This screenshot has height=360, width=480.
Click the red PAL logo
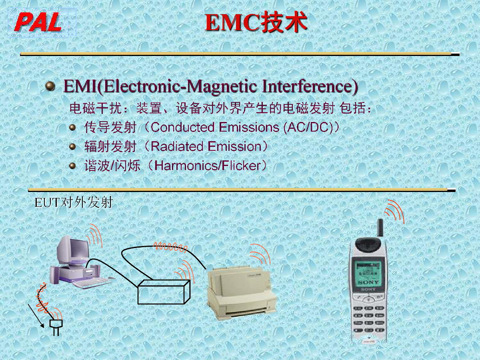(38, 22)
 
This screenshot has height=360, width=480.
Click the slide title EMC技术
(256, 22)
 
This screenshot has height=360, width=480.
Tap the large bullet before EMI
(50, 86)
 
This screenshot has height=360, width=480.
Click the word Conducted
(182, 127)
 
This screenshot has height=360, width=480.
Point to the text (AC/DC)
(309, 128)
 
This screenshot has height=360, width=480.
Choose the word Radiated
(177, 146)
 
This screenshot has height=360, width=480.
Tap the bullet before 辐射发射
(72, 146)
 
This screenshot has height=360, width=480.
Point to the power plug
(56, 327)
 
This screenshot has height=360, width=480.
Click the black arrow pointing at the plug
(36, 316)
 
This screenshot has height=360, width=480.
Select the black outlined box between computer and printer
(164, 292)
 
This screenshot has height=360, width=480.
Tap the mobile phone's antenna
(380, 227)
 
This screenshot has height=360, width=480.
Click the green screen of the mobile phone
(368, 274)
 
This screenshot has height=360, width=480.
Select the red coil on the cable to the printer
(170, 247)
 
